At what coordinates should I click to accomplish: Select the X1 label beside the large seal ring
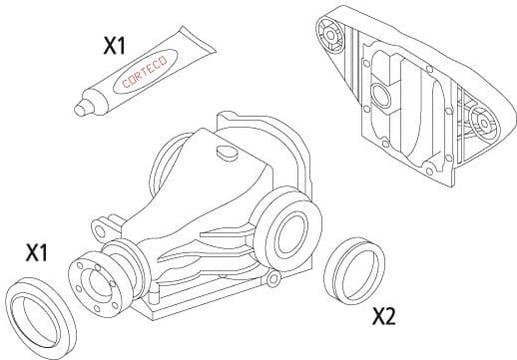[37, 253]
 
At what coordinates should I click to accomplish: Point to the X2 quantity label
[383, 317]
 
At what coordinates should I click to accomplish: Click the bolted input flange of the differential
[97, 281]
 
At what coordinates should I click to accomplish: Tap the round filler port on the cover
[379, 97]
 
